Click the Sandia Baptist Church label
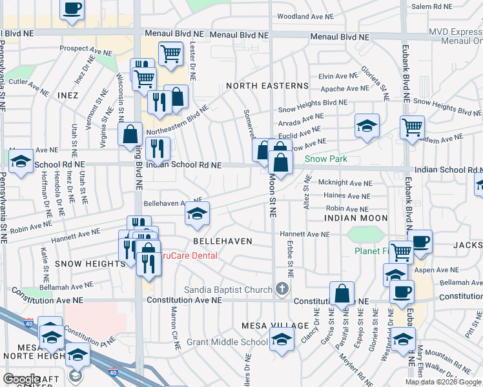coord(229,290)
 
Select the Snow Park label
coord(326,159)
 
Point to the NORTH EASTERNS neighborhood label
coord(267,86)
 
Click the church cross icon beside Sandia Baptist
coord(281,290)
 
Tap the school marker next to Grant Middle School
coord(281,339)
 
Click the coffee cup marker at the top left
coord(72,9)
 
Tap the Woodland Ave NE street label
coord(305,16)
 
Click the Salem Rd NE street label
coord(431,6)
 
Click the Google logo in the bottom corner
coord(22,379)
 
